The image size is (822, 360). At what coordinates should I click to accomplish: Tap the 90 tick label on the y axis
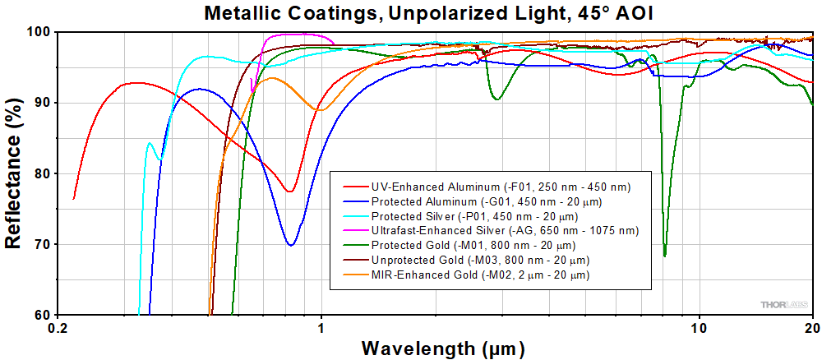pyautogui.click(x=43, y=103)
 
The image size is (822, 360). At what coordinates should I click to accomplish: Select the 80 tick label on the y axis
pyautogui.click(x=43, y=173)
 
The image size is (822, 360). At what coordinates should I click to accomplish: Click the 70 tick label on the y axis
pyautogui.click(x=43, y=245)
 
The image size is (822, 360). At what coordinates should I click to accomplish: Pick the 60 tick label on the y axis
pyautogui.click(x=43, y=316)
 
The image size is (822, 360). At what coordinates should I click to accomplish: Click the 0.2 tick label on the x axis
pyautogui.click(x=58, y=327)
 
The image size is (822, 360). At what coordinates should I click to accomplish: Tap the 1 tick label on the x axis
pyautogui.click(x=321, y=327)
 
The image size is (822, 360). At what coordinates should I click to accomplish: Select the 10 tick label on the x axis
pyautogui.click(x=699, y=327)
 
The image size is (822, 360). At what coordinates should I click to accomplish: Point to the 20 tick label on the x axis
pyautogui.click(x=812, y=327)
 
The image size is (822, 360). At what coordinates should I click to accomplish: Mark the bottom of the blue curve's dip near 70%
pyautogui.click(x=290, y=245)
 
